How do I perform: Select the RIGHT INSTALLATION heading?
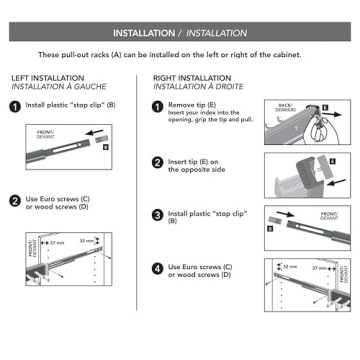[192, 77]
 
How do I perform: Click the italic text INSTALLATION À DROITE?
[196, 86]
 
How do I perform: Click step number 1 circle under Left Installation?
[16, 104]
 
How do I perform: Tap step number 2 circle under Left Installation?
[16, 200]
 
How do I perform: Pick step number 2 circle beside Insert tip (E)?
[158, 161]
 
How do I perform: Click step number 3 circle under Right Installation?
[158, 214]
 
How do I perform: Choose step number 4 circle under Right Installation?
[158, 267]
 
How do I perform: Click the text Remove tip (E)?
[195, 103]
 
